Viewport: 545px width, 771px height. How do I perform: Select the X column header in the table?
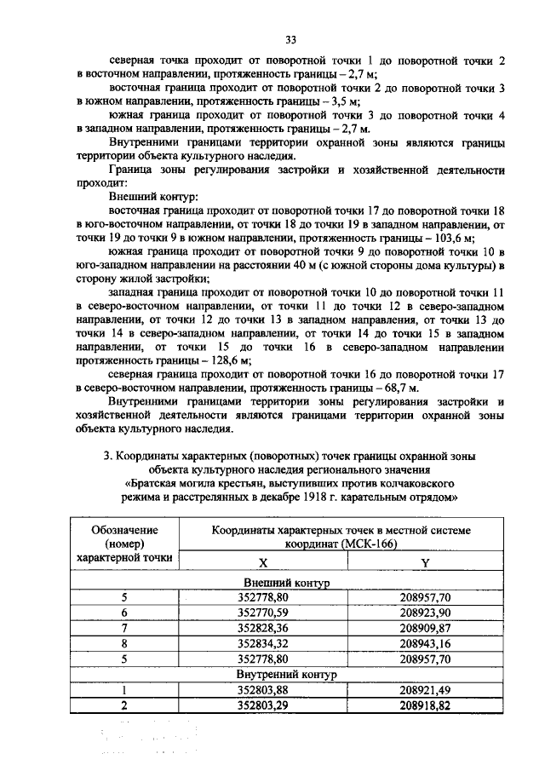262,564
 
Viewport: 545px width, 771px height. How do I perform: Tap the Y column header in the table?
424,564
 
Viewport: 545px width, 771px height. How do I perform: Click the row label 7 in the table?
123,628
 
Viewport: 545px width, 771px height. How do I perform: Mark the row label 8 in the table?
123,643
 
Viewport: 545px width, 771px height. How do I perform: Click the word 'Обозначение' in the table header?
123,529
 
